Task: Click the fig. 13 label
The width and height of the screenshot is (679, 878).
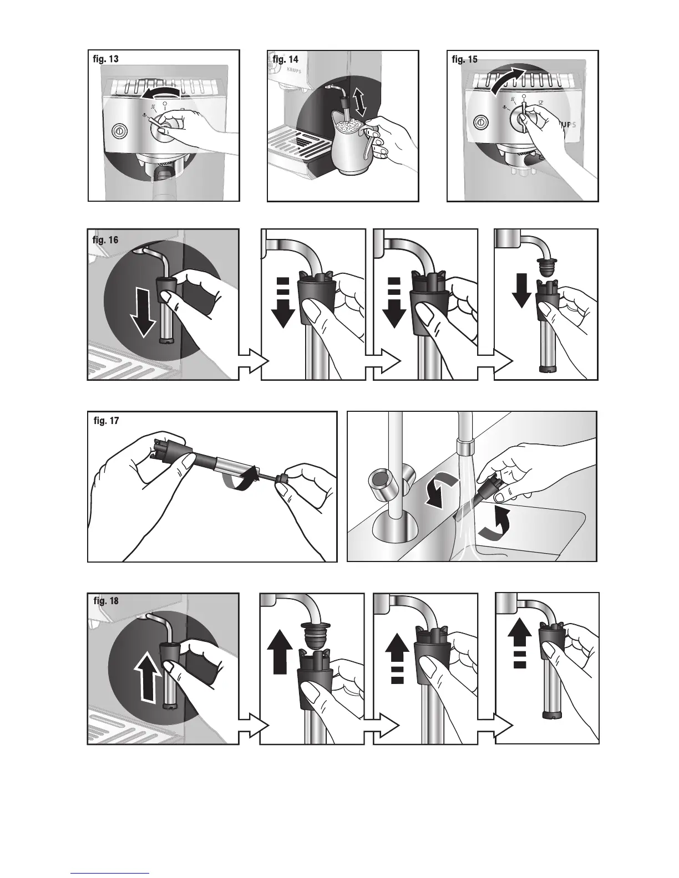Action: point(106,59)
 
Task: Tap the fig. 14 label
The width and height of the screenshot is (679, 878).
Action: point(286,59)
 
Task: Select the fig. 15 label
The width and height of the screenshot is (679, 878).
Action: point(465,59)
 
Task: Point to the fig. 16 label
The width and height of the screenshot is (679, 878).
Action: point(105,240)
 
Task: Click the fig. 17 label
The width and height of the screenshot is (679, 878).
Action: point(107,421)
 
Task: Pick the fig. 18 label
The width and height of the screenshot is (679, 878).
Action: point(107,601)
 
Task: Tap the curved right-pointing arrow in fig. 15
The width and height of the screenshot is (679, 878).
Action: point(508,81)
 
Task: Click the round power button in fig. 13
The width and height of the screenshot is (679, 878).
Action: point(119,130)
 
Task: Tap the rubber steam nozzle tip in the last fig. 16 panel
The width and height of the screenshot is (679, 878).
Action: point(546,266)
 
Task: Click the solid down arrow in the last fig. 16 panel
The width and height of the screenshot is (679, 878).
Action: point(521,290)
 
